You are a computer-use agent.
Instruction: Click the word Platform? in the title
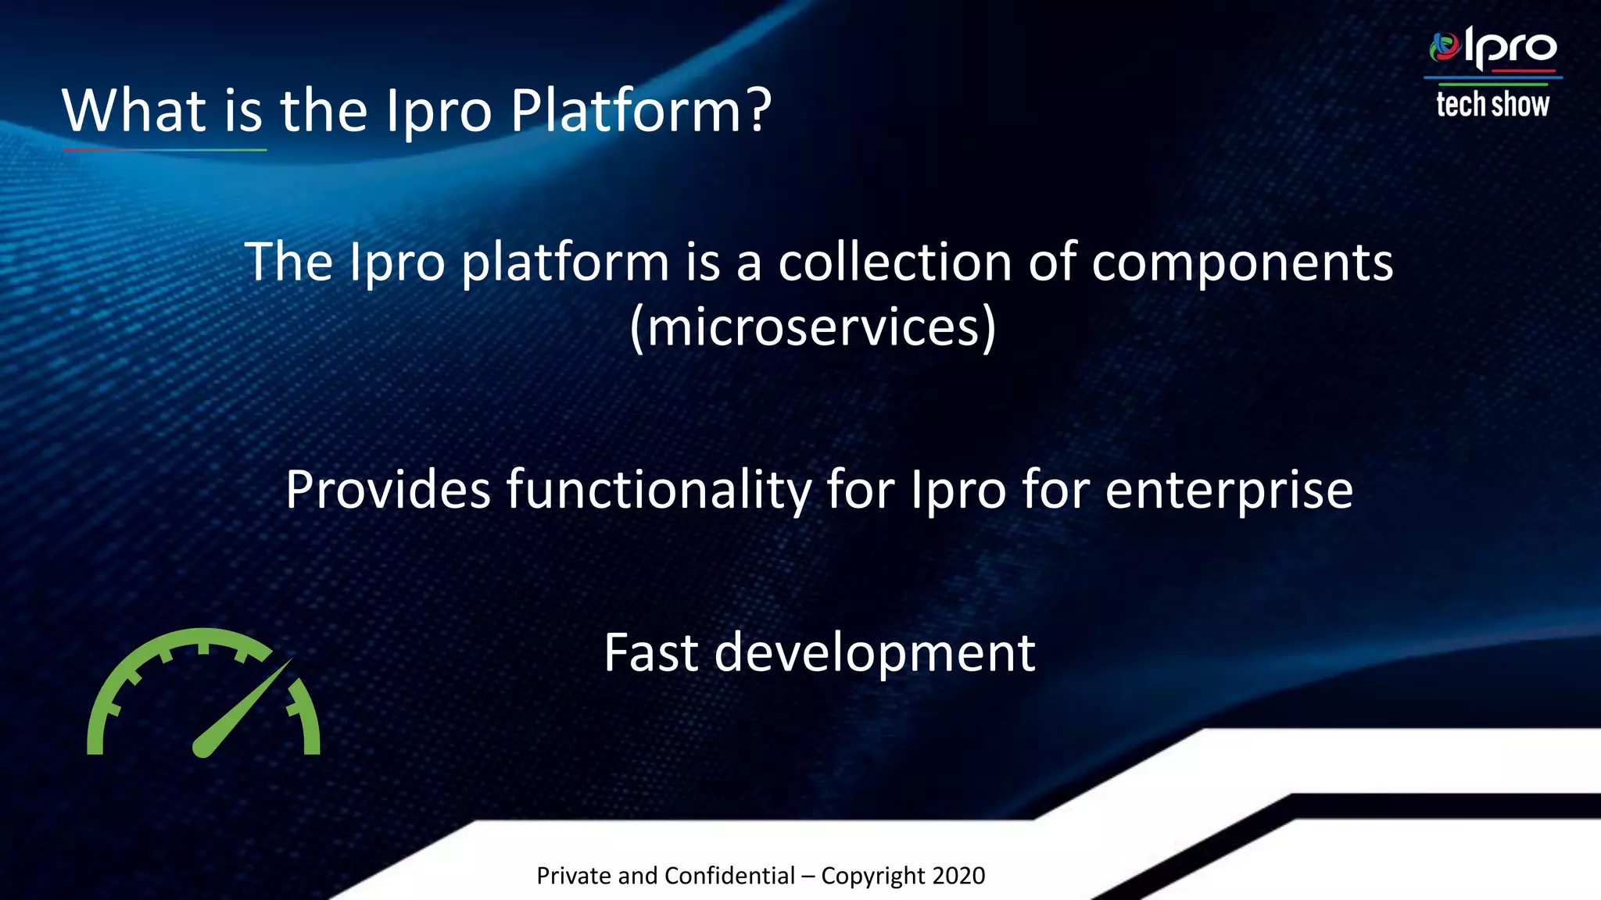point(641,111)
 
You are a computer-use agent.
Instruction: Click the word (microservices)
point(813,327)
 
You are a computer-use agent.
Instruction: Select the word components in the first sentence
point(1242,262)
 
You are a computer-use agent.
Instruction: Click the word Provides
point(388,490)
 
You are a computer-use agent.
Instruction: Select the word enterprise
point(1229,491)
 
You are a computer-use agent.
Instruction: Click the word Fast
point(650,653)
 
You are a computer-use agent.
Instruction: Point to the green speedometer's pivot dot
point(202,748)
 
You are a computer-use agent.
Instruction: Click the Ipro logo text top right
point(1510,48)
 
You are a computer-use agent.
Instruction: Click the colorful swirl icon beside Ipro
point(1445,47)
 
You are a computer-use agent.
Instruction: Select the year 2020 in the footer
point(958,876)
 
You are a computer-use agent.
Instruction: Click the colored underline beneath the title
point(165,149)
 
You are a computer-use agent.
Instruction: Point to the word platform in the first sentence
point(564,262)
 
